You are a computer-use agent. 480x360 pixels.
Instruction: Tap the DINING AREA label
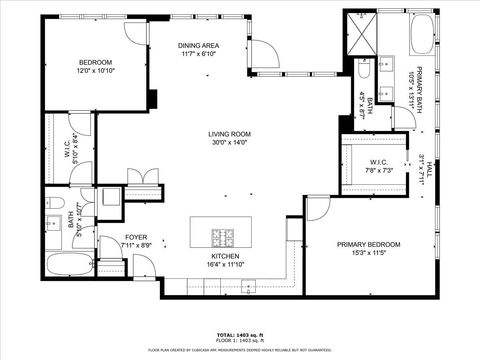[x=198, y=50]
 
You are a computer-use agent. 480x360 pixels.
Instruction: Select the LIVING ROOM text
[x=228, y=137]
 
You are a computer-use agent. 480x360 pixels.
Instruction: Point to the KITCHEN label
[x=223, y=261]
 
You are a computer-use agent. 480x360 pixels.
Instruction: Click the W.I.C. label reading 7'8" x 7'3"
[x=378, y=166]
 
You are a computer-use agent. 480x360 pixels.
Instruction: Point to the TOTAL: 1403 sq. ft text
[x=240, y=334]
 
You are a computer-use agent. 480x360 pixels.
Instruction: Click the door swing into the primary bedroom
[x=317, y=209]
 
